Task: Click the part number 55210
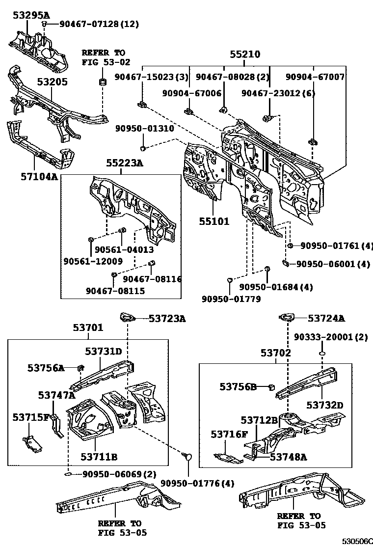245,55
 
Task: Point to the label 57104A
34,176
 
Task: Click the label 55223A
125,164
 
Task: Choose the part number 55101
213,221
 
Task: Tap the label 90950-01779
231,299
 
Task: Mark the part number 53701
88,328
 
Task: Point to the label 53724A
326,319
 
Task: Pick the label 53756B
238,387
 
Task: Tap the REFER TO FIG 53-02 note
103,57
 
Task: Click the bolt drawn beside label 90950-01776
187,457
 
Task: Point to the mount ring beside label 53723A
127,318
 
